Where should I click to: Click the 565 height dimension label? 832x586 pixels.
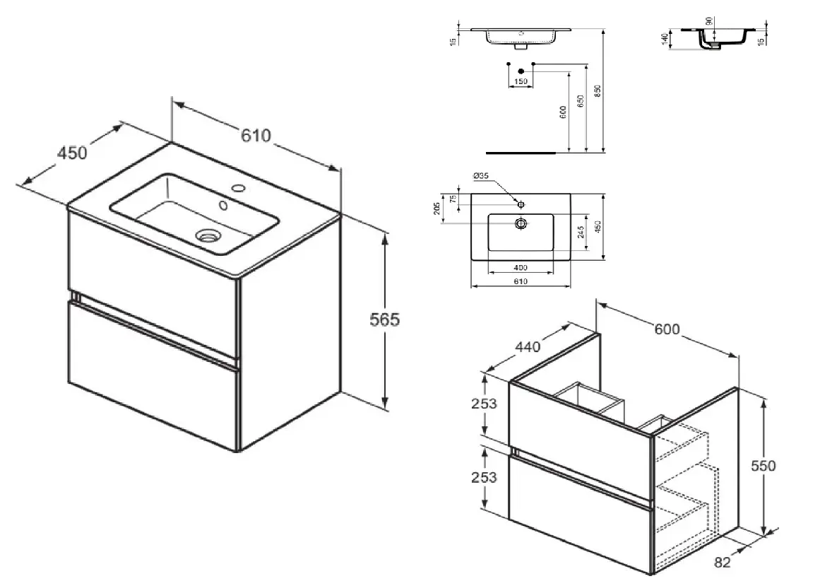point(386,320)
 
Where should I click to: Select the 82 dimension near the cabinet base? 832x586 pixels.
point(722,563)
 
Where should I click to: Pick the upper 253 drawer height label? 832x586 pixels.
point(484,404)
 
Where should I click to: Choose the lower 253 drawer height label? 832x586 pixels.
point(484,477)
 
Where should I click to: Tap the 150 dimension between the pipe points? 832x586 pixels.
point(521,82)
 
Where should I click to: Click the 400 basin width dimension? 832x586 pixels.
point(521,269)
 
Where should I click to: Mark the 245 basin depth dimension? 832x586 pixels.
point(580,233)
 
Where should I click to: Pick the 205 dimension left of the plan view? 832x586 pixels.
point(438,208)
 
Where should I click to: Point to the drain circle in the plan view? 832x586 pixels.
point(521,223)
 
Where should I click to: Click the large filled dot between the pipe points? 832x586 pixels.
point(521,71)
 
